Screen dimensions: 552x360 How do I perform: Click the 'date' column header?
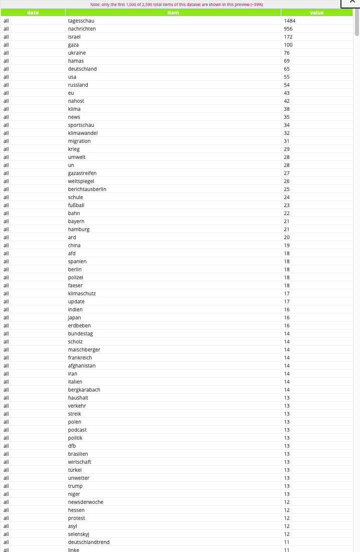[x=33, y=13]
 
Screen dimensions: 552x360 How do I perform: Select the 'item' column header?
[x=172, y=13]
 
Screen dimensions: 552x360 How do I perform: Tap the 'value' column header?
[x=317, y=13]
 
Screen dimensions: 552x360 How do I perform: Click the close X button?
[x=351, y=3]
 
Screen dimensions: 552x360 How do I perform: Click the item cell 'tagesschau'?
[x=81, y=21]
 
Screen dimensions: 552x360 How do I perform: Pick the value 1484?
[x=290, y=21]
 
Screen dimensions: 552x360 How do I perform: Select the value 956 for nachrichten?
[x=288, y=29]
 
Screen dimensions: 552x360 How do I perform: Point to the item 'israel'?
[x=74, y=37]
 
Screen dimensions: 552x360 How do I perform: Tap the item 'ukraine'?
[x=77, y=53]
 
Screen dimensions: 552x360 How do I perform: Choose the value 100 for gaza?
[x=288, y=45]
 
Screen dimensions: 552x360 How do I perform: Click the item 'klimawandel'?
[x=83, y=133]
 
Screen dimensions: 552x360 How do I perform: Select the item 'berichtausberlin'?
[x=87, y=189]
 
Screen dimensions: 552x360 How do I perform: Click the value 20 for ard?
[x=287, y=237]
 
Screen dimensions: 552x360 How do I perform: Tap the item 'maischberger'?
[x=84, y=349]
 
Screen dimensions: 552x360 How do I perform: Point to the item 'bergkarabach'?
[x=84, y=390]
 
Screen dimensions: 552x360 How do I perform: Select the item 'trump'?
[x=75, y=486]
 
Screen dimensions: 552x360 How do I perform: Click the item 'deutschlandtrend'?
[x=89, y=542]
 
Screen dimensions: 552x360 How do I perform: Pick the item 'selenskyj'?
[x=80, y=534]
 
